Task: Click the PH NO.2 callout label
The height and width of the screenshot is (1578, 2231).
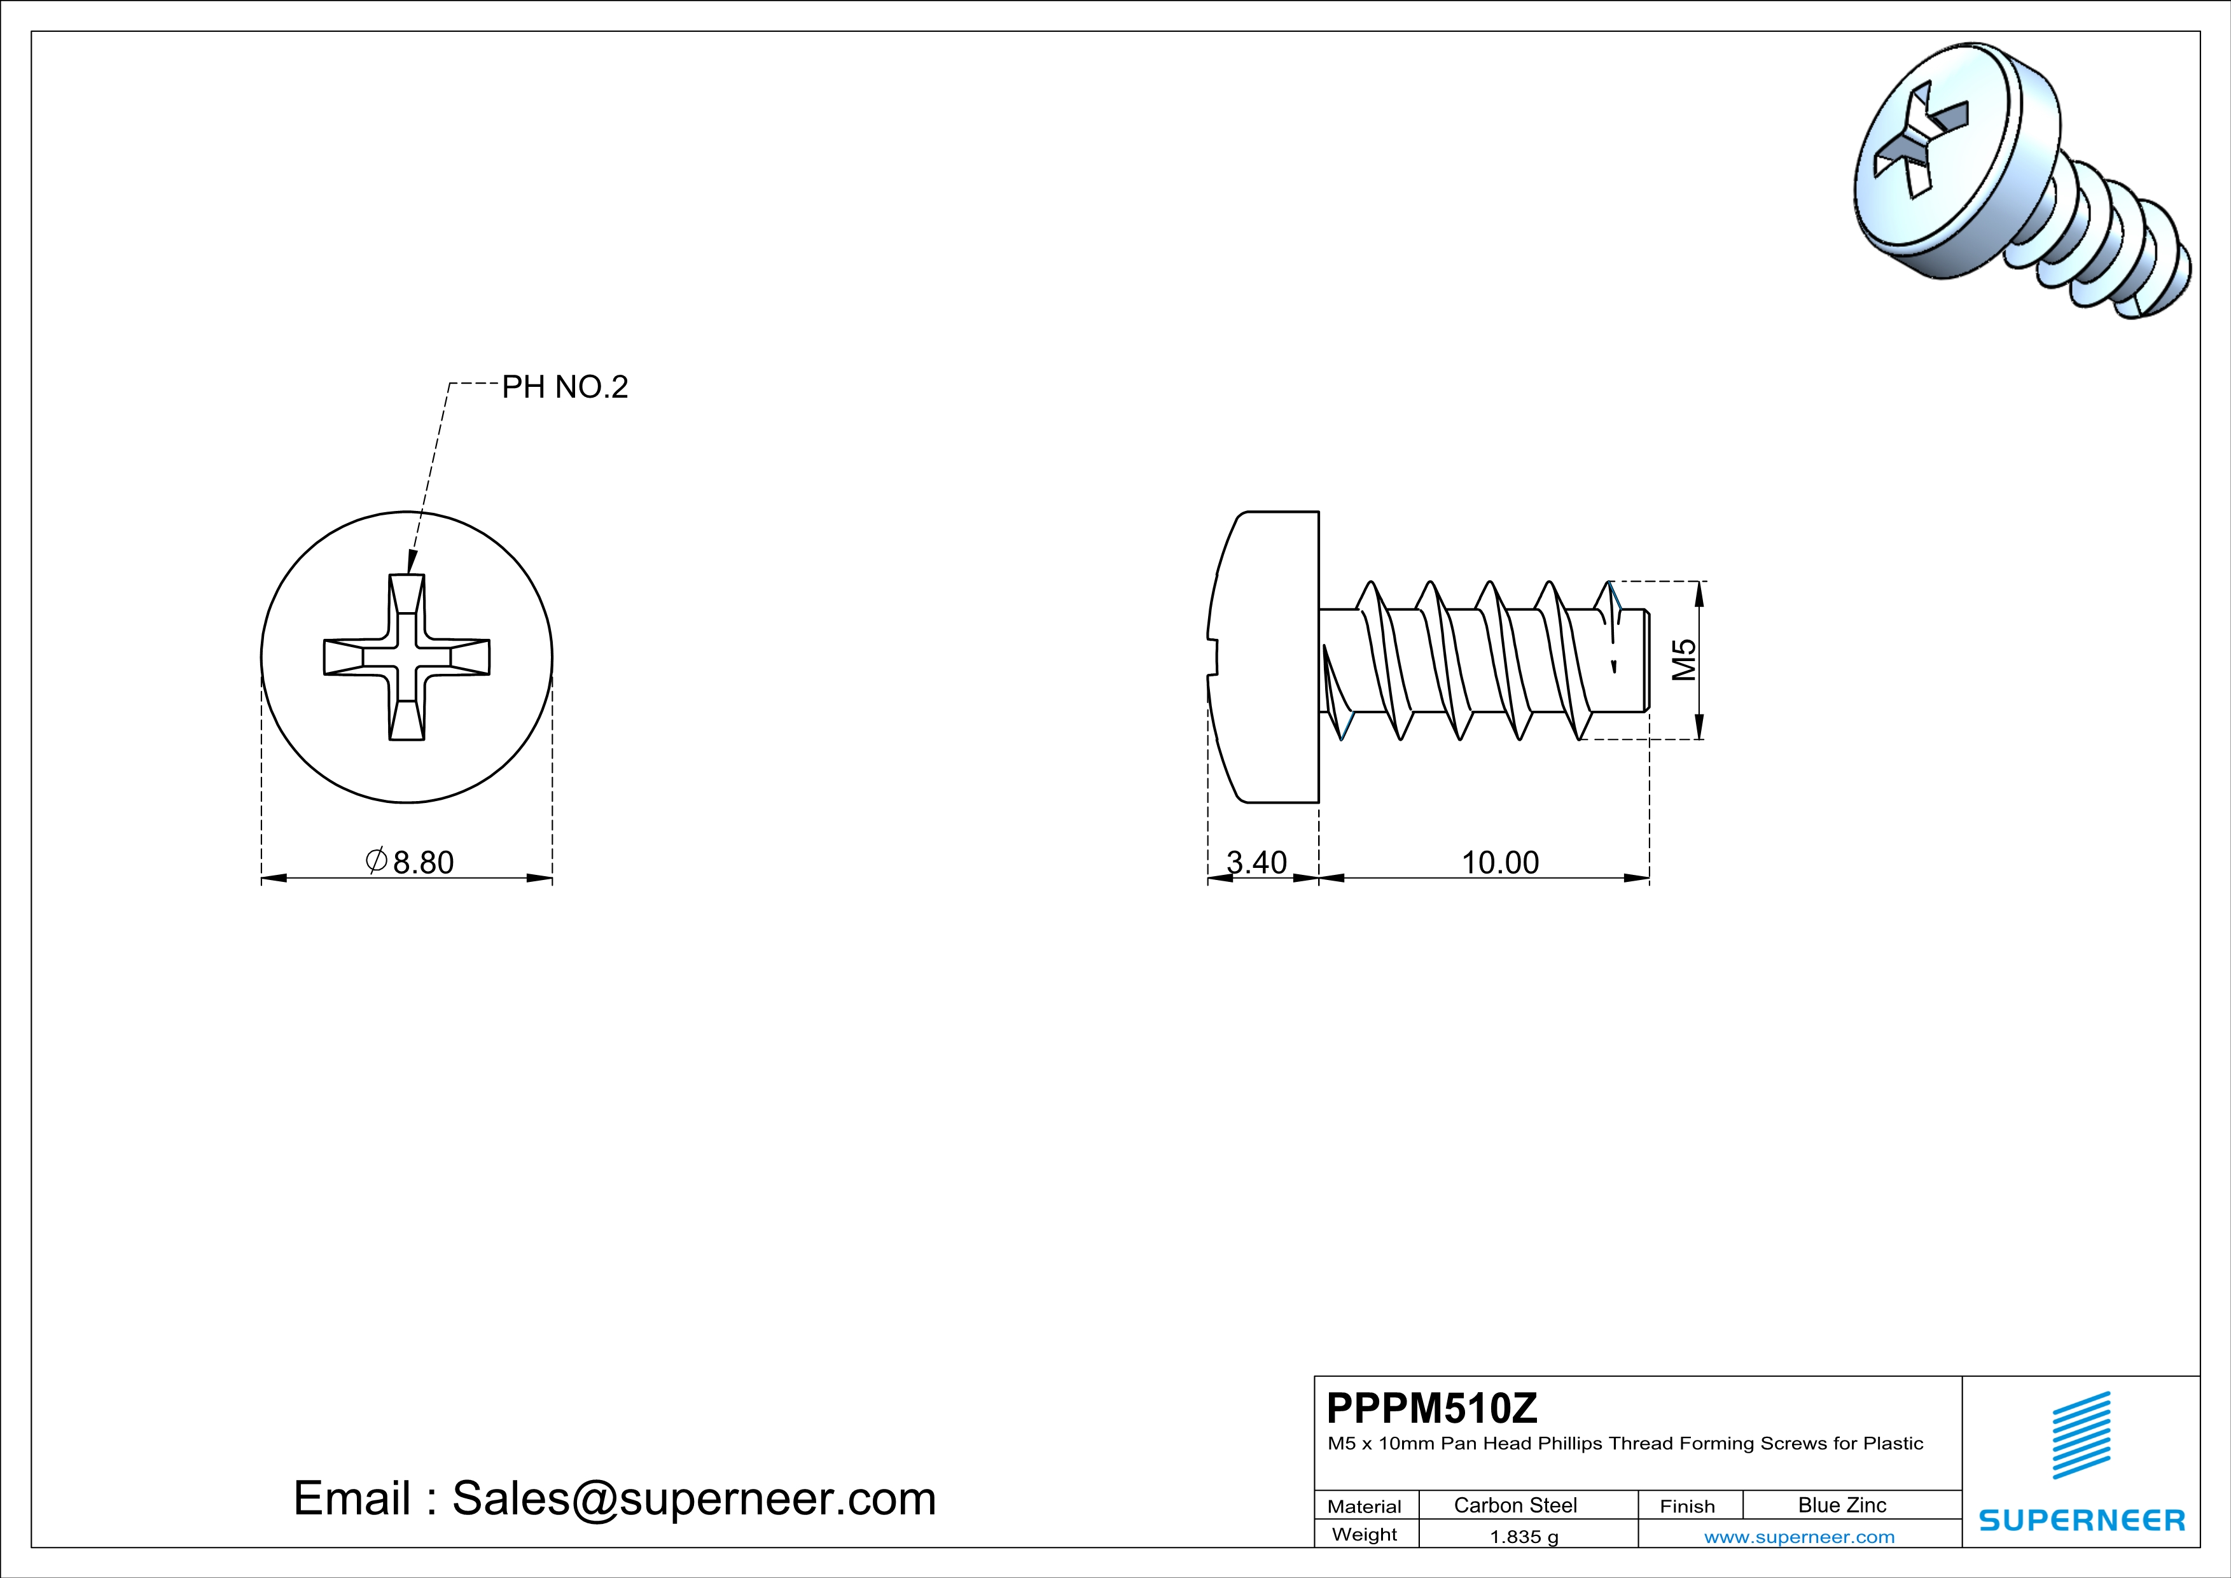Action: pos(564,388)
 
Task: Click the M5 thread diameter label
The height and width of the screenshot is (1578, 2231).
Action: pos(1684,660)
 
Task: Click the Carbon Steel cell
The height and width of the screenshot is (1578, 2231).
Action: pos(1515,1505)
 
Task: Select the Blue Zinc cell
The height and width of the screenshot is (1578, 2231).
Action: pos(1841,1505)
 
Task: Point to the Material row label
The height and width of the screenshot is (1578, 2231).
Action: pos(1365,1506)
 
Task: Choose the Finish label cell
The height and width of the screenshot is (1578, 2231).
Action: pos(1687,1506)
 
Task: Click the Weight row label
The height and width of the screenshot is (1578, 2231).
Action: pos(1365,1534)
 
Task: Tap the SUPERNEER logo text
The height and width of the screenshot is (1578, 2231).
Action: pos(2082,1519)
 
